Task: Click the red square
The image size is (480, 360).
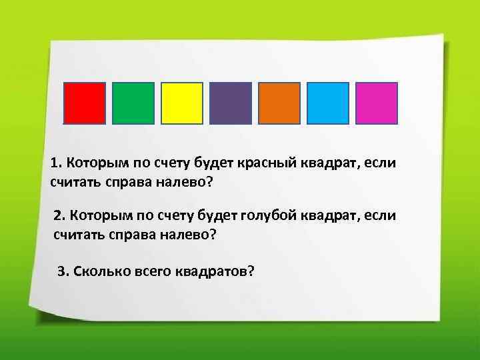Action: (84, 103)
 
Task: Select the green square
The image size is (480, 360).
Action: (133, 103)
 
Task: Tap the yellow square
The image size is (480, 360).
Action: (182, 103)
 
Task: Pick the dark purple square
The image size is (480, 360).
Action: (231, 103)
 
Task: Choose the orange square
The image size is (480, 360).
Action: (279, 103)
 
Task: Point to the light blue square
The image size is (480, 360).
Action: (328, 103)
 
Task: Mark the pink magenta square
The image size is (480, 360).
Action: (377, 103)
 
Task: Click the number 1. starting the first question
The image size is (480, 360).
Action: (56, 163)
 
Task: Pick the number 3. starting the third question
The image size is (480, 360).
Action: (63, 271)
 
